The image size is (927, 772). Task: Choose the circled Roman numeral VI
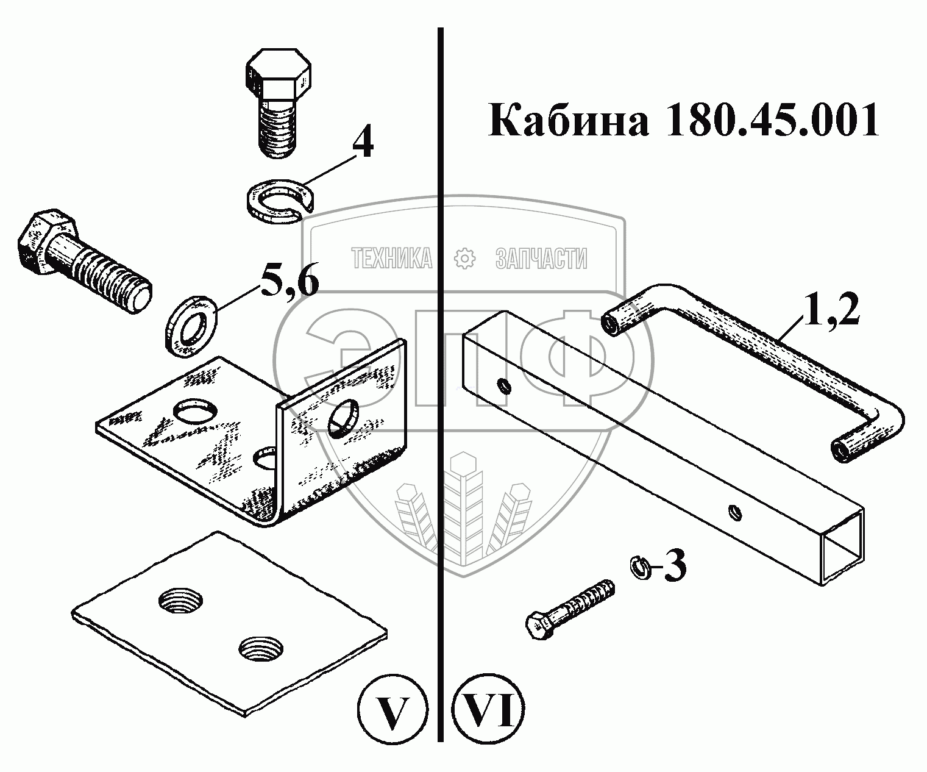(x=488, y=711)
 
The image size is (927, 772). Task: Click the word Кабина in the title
(x=569, y=121)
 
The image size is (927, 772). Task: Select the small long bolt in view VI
(x=569, y=610)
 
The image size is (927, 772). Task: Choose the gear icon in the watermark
(x=465, y=259)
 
